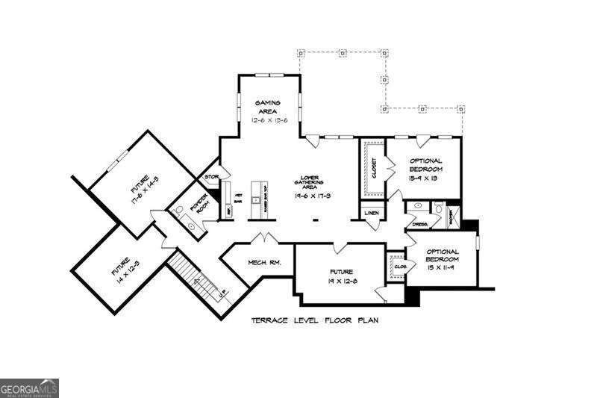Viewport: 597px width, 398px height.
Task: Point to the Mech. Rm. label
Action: [x=263, y=263]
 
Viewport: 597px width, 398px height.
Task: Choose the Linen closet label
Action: [x=372, y=213]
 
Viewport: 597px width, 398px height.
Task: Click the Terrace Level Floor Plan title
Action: [x=314, y=320]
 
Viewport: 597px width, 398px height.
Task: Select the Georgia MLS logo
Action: [x=28, y=388]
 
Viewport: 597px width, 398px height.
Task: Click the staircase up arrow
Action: [x=198, y=282]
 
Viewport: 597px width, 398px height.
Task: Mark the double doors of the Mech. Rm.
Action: [x=263, y=238]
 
